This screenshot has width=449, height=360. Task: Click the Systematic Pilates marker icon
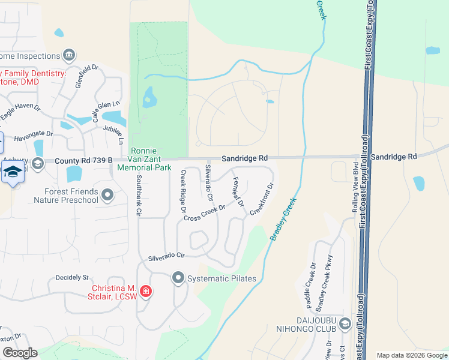click(x=178, y=278)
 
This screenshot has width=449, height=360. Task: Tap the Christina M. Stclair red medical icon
click(x=145, y=292)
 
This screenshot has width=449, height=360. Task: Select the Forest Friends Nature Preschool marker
click(x=108, y=195)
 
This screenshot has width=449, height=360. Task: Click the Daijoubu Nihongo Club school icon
click(x=345, y=325)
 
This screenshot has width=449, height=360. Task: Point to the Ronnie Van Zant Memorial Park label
click(x=144, y=160)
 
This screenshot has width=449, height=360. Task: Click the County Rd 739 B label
click(x=83, y=161)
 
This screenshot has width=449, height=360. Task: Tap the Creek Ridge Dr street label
click(x=183, y=191)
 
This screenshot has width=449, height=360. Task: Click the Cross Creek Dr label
click(x=205, y=213)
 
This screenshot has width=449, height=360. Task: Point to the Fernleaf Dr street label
click(x=238, y=193)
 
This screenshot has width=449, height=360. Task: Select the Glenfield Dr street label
click(x=86, y=77)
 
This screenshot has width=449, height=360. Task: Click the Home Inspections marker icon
click(x=68, y=55)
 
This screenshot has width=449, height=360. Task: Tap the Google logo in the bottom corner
click(x=20, y=353)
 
